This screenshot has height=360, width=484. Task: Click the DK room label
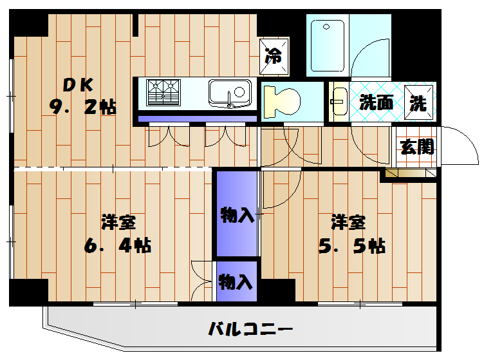click(x=78, y=84)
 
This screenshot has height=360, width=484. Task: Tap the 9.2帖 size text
click(x=83, y=107)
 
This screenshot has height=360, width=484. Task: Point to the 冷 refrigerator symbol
click(x=274, y=55)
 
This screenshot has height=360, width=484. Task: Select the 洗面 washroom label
click(x=377, y=102)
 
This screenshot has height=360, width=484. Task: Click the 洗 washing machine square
click(x=419, y=102)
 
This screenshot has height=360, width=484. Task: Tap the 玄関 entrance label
click(x=416, y=146)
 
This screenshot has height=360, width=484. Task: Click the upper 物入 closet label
click(x=237, y=215)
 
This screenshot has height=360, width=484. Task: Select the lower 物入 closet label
click(x=236, y=281)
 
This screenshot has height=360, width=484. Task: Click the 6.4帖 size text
click(x=118, y=245)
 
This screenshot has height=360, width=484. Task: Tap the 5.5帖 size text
click(x=352, y=245)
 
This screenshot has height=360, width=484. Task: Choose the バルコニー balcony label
click(x=250, y=330)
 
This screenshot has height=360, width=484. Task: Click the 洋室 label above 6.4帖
click(x=118, y=223)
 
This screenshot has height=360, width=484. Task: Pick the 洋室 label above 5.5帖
click(x=349, y=223)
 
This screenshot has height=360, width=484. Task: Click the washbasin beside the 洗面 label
click(x=339, y=102)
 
